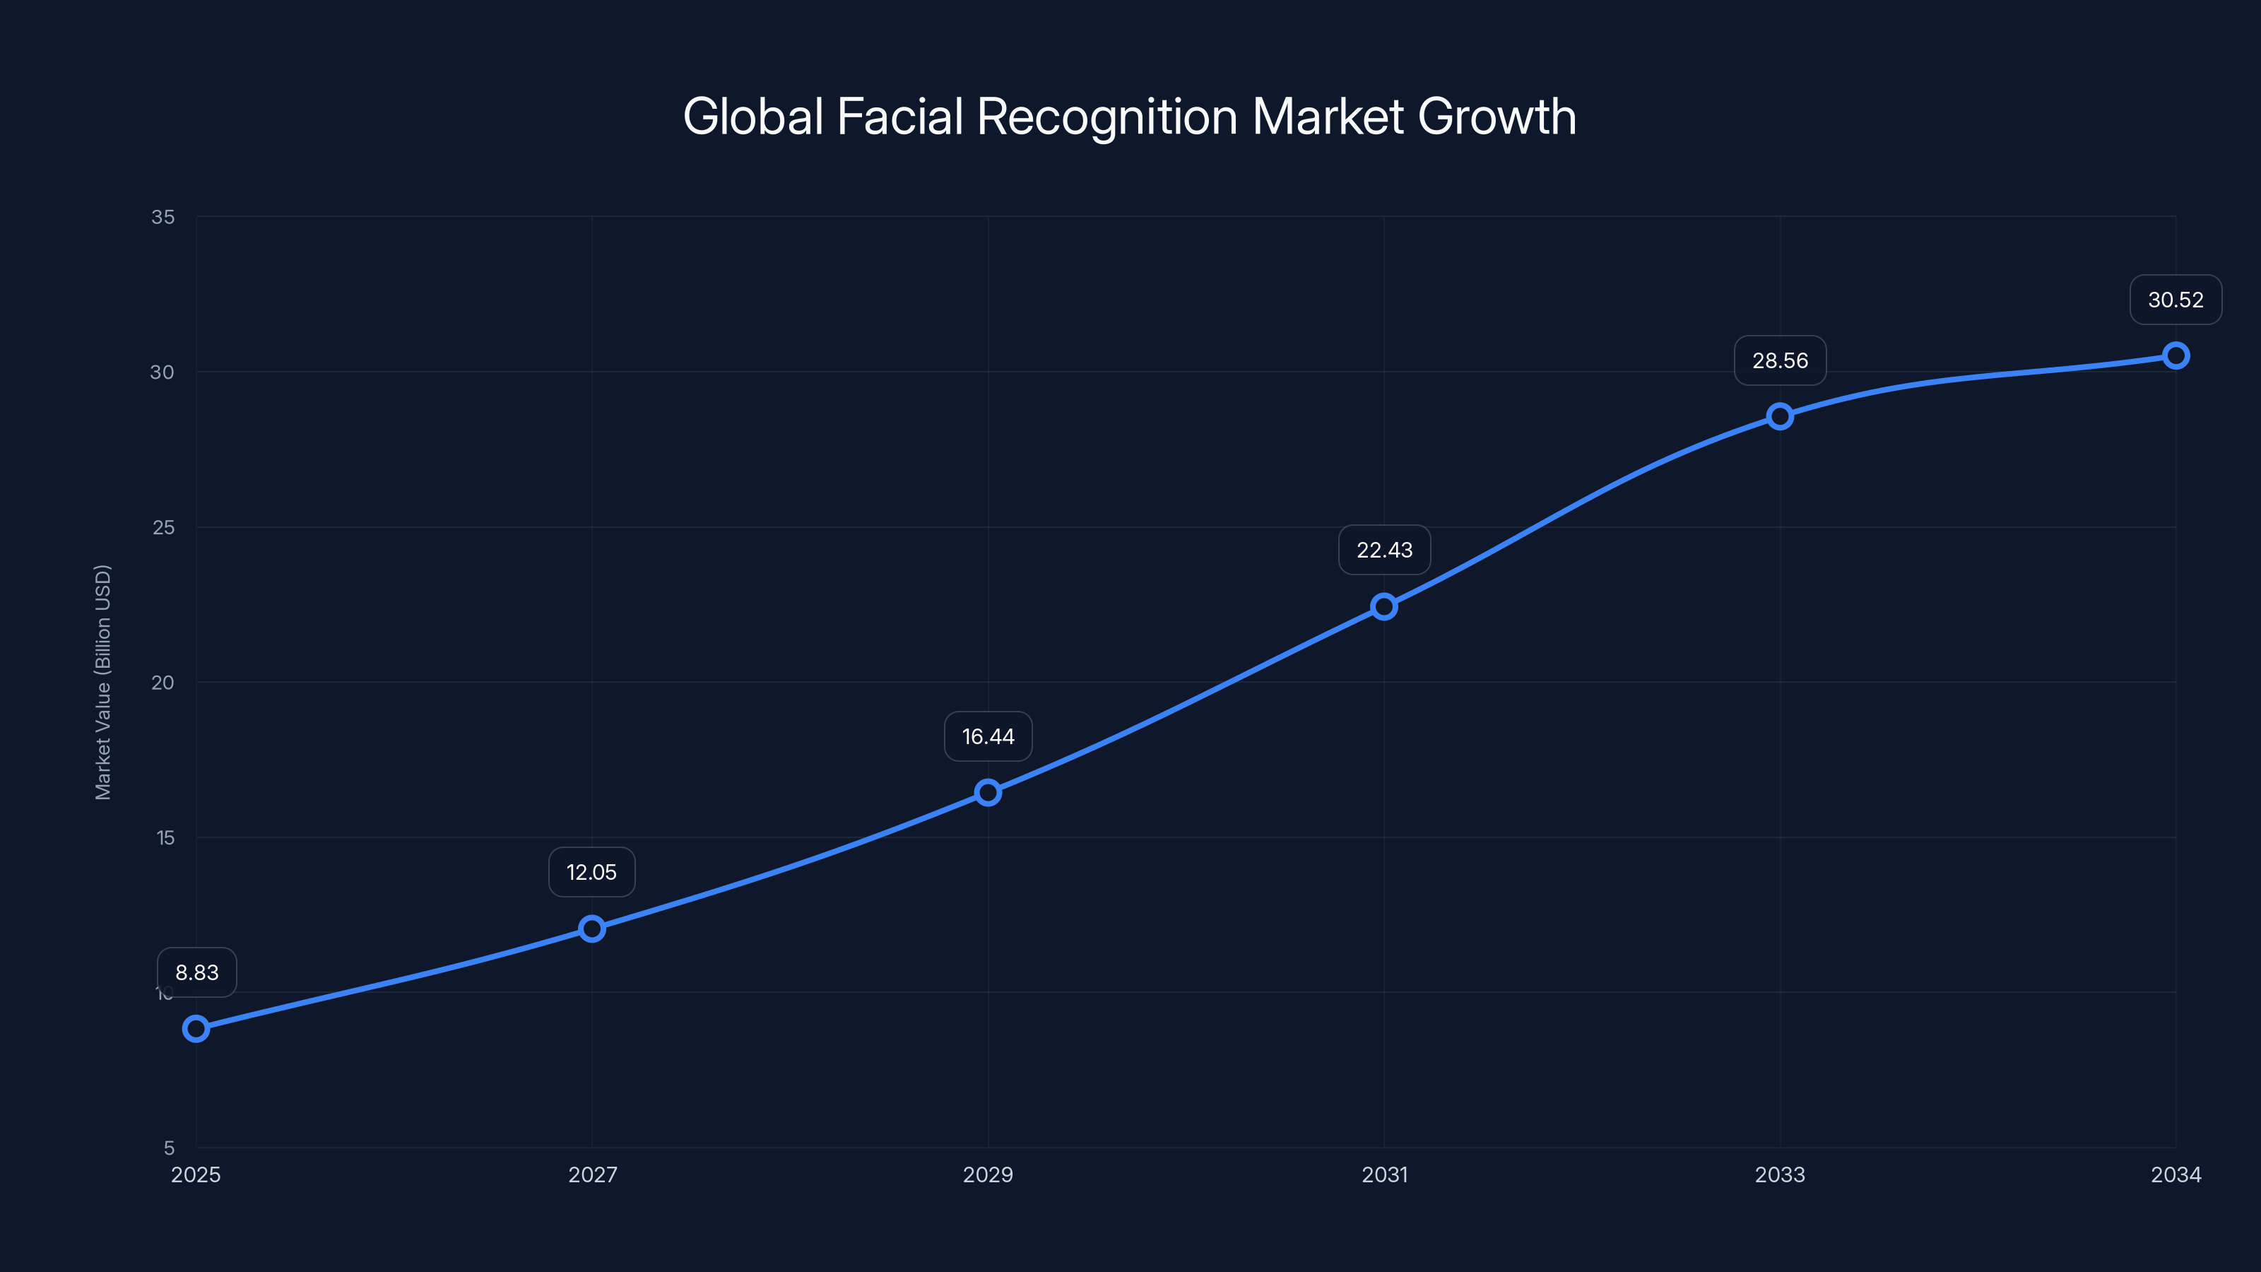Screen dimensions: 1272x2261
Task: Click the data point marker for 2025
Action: click(x=196, y=1028)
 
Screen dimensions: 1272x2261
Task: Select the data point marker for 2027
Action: click(x=591, y=928)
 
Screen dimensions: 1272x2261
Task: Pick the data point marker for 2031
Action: click(x=1384, y=606)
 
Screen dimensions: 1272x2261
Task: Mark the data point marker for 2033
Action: click(x=1780, y=416)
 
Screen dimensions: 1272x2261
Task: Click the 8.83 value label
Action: click(x=196, y=972)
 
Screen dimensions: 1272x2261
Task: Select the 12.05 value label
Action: click(x=591, y=872)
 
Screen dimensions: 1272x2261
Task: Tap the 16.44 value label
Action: click(x=988, y=736)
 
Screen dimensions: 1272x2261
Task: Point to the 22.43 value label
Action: click(x=1384, y=550)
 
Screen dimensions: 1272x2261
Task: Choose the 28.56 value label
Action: click(x=1780, y=361)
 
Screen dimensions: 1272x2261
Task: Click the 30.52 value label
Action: click(x=2175, y=300)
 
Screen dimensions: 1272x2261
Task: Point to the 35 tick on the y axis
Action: click(x=163, y=217)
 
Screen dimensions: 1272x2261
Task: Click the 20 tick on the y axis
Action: click(x=163, y=682)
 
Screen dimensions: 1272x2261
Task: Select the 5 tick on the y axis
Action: click(x=169, y=1148)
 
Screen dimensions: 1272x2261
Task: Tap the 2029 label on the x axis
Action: click(x=988, y=1174)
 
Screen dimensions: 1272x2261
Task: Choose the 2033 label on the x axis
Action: click(x=1780, y=1174)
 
